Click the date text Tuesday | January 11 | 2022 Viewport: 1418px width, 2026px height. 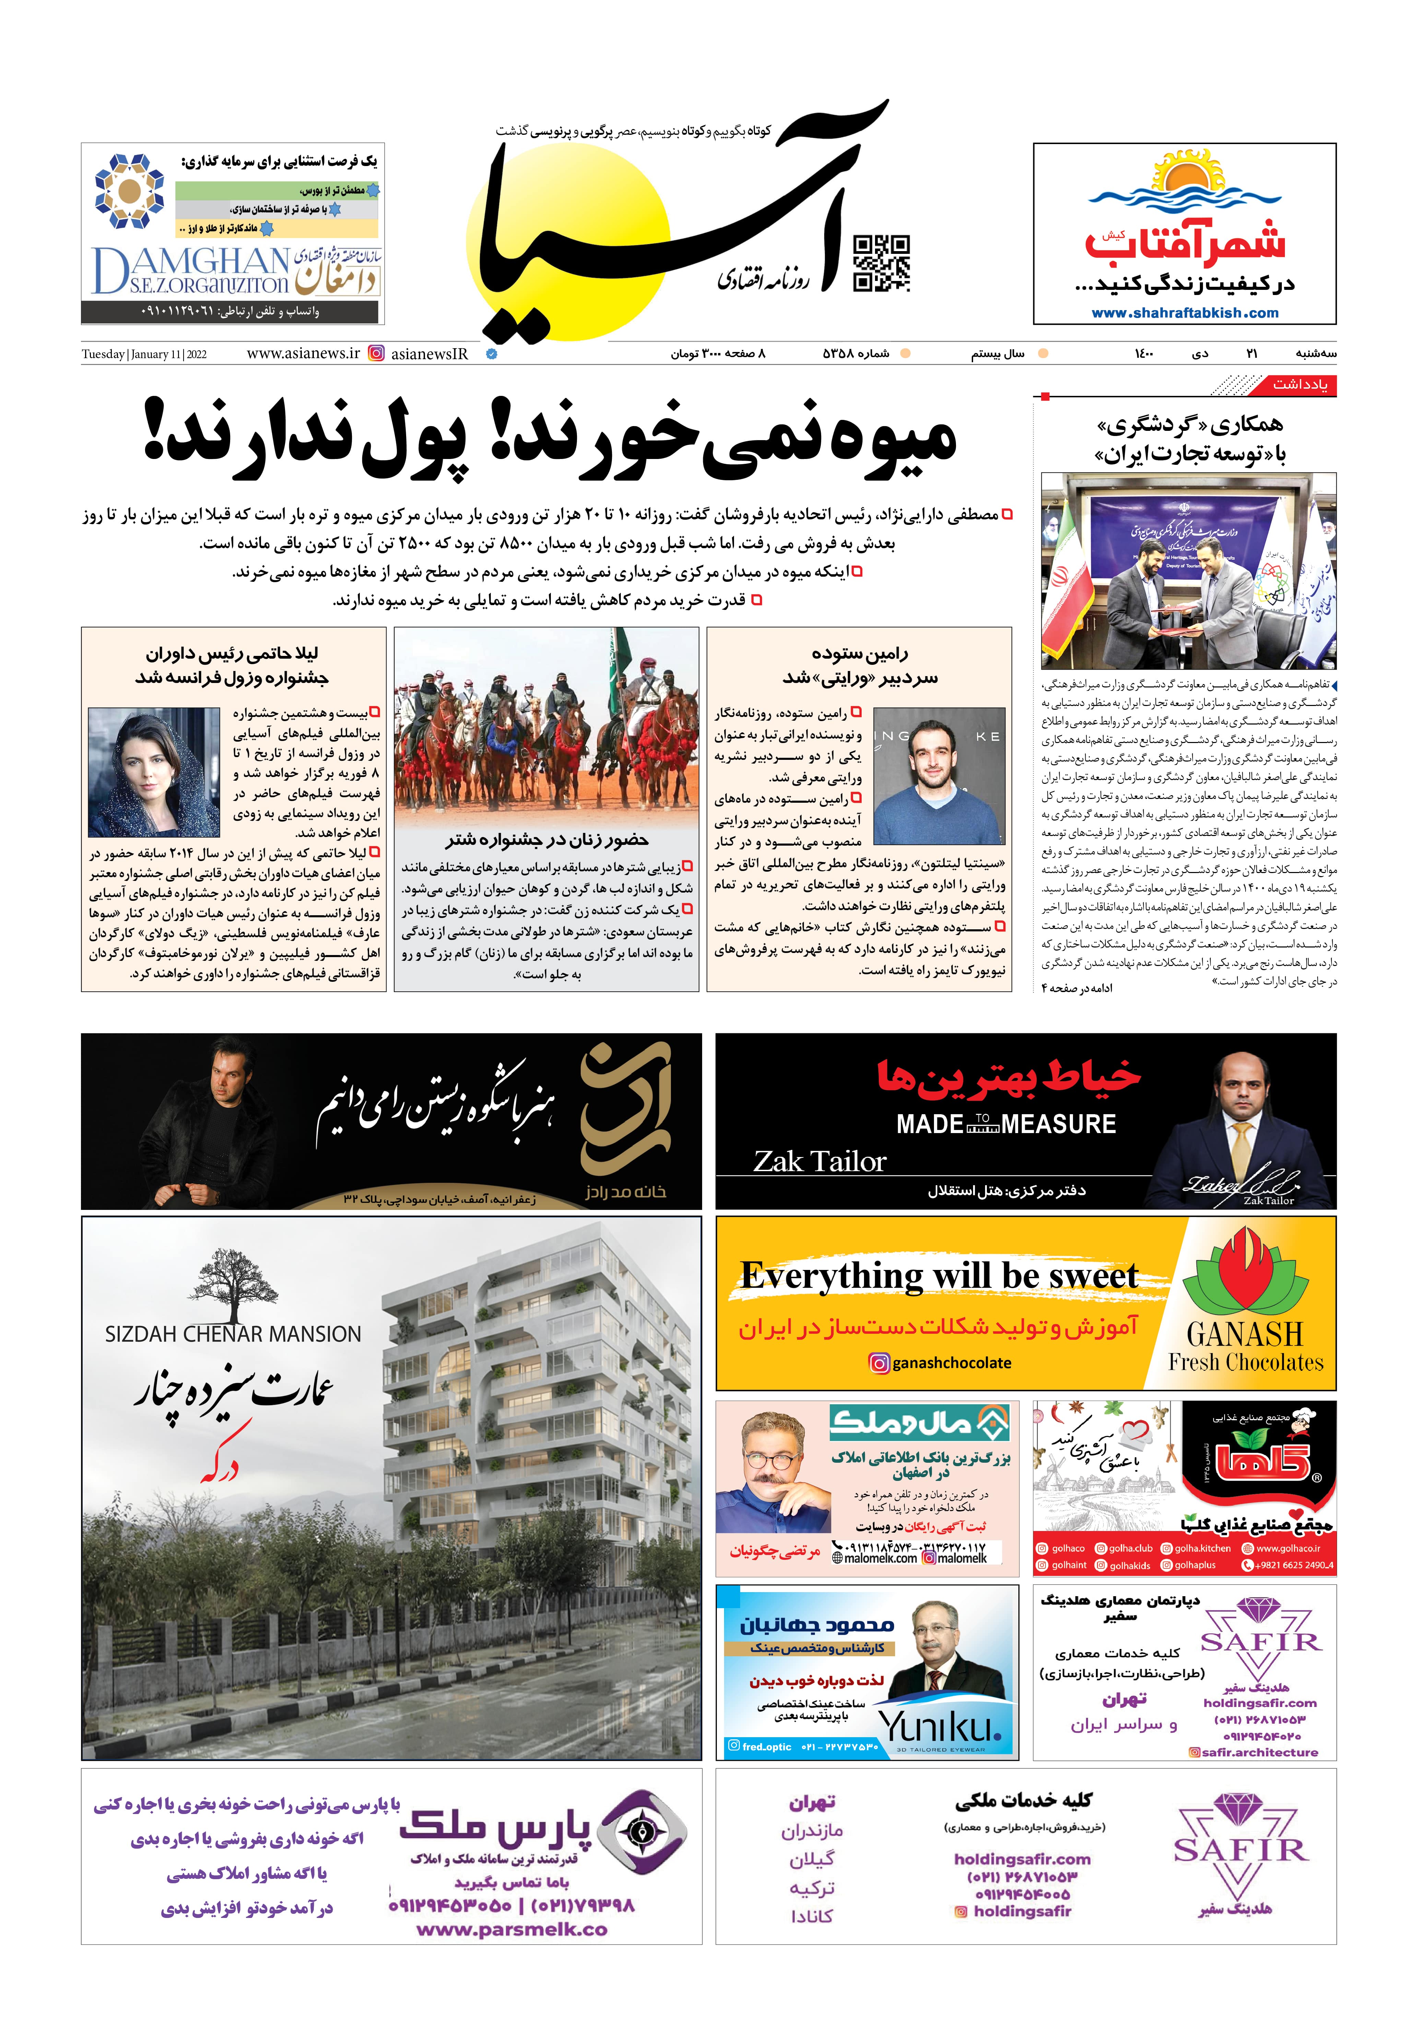(144, 354)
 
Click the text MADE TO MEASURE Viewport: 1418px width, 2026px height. (1006, 1124)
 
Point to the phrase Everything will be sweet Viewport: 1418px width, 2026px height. (939, 1275)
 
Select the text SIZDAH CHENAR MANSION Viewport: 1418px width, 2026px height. (233, 1333)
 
